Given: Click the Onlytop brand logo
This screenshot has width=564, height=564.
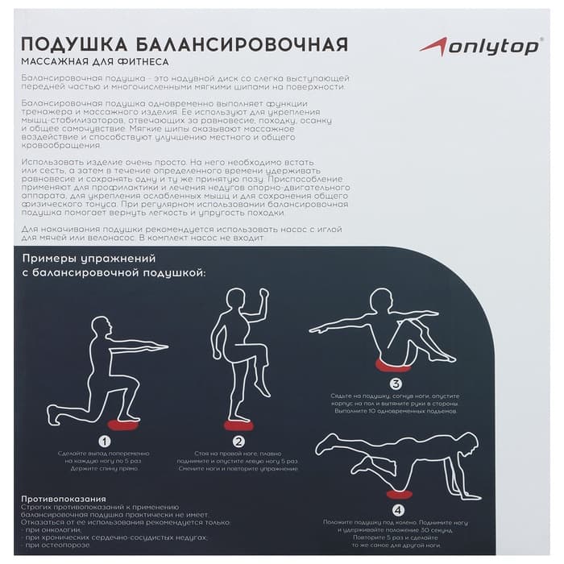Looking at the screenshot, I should coord(479,47).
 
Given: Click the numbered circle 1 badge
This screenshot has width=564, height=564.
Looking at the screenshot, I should coord(104,442).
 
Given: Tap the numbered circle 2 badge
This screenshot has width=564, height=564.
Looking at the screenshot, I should coord(238,442).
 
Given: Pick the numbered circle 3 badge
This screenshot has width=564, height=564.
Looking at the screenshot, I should coord(395,384).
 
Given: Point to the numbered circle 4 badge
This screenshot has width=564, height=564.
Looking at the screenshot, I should coord(397,509).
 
